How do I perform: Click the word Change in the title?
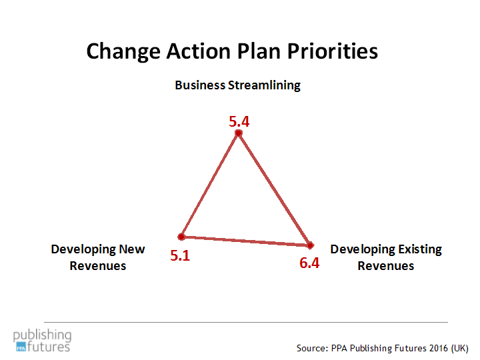[123, 51]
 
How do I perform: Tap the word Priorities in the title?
[333, 51]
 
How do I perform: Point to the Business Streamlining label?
[237, 85]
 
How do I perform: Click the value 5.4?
[239, 121]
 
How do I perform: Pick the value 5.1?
[180, 255]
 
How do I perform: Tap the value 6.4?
[309, 263]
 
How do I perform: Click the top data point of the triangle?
[239, 133]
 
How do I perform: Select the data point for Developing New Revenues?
[181, 237]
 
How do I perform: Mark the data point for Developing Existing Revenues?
[310, 245]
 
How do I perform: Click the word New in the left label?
[131, 249]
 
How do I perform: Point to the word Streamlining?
[264, 85]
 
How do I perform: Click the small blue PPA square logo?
[21, 347]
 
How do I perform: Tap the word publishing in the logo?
[42, 335]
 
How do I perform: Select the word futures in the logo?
[49, 347]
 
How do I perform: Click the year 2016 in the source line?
[439, 348]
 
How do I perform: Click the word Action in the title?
[199, 51]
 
